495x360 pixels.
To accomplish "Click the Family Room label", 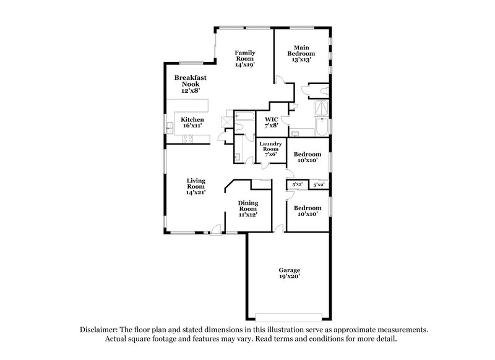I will pyautogui.click(x=245, y=59).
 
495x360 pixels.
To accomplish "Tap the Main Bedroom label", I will pyautogui.click(x=301, y=53).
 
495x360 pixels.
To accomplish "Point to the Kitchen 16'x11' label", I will pyautogui.click(x=192, y=122).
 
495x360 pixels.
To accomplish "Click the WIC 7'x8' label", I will pyautogui.click(x=271, y=122).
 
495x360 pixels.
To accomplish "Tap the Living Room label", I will pyautogui.click(x=196, y=186).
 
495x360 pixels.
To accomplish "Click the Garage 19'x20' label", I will pyautogui.click(x=289, y=274).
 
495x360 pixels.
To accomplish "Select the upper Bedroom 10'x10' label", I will pyautogui.click(x=307, y=157).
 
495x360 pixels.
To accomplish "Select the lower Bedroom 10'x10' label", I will pyautogui.click(x=307, y=211).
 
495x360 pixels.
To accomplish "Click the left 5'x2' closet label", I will pyautogui.click(x=297, y=185).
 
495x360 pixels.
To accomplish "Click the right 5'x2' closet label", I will pyautogui.click(x=319, y=185).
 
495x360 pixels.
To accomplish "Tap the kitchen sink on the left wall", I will pyautogui.click(x=169, y=128).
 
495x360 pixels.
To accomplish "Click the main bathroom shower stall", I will pyautogui.click(x=322, y=109).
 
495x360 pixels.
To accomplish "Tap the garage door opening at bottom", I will pyautogui.click(x=289, y=313).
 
